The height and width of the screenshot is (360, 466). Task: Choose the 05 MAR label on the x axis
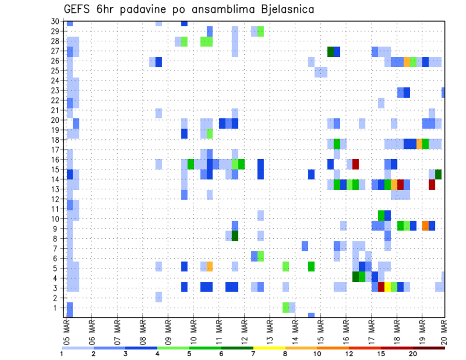67,329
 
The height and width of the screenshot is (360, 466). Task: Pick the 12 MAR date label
244,329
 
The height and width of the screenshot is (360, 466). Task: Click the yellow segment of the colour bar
269,348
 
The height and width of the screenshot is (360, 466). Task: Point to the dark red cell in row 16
355,164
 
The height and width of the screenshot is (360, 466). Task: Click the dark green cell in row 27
331,51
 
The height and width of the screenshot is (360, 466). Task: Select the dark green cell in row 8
235,236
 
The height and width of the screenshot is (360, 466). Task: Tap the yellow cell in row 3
387,287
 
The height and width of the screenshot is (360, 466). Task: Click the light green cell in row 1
286,307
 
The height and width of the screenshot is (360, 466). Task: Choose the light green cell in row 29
261,32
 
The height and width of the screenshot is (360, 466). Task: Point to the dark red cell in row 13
432,184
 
